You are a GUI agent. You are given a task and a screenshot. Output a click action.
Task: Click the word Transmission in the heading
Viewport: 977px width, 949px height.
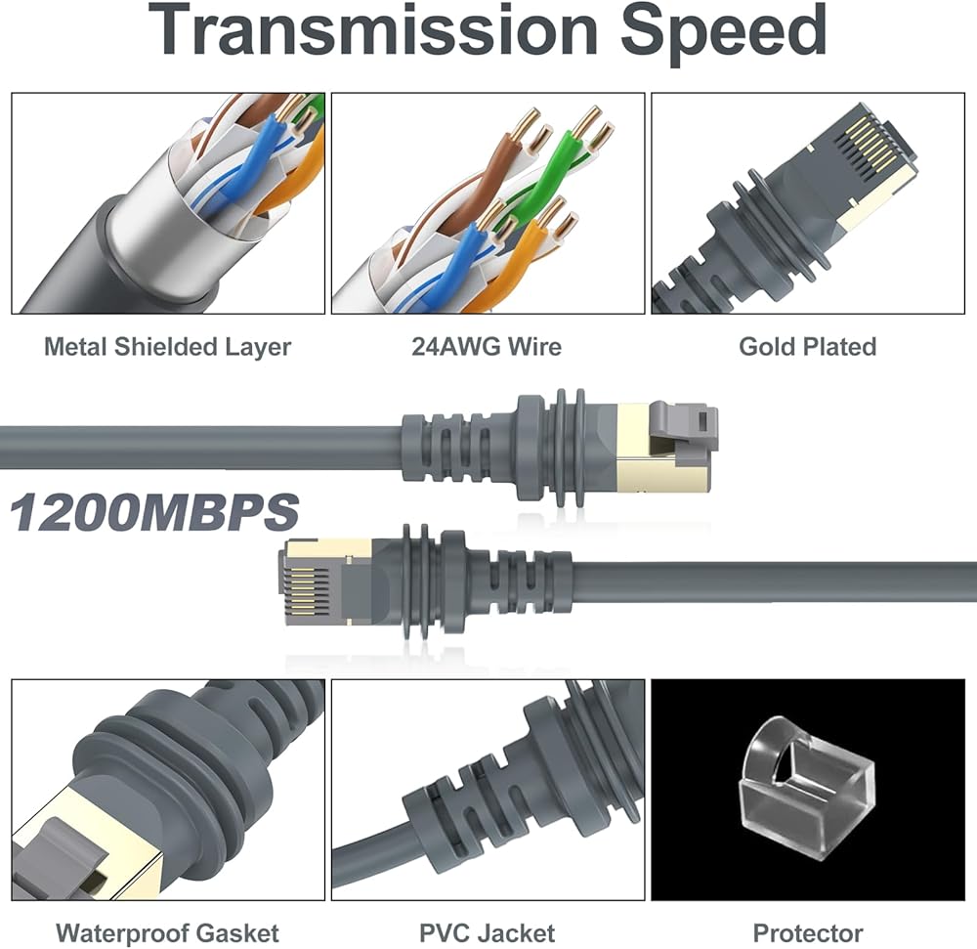tap(374, 33)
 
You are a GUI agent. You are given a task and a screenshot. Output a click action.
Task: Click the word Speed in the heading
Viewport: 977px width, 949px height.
tap(724, 33)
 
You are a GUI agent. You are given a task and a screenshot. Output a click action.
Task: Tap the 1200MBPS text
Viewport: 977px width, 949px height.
tap(153, 513)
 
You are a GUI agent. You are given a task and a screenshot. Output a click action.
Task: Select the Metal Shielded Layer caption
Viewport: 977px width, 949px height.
tap(167, 346)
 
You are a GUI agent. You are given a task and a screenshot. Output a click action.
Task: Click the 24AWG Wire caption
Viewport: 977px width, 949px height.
tap(488, 346)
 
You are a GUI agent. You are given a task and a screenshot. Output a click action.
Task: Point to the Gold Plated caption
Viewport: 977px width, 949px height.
tap(807, 346)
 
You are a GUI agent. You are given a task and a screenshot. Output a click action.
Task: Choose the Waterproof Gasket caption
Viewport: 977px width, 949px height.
tap(167, 932)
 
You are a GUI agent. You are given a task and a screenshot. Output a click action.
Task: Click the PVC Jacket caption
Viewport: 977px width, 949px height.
tap(488, 932)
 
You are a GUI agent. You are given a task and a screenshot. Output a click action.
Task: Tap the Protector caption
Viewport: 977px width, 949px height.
tap(808, 932)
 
